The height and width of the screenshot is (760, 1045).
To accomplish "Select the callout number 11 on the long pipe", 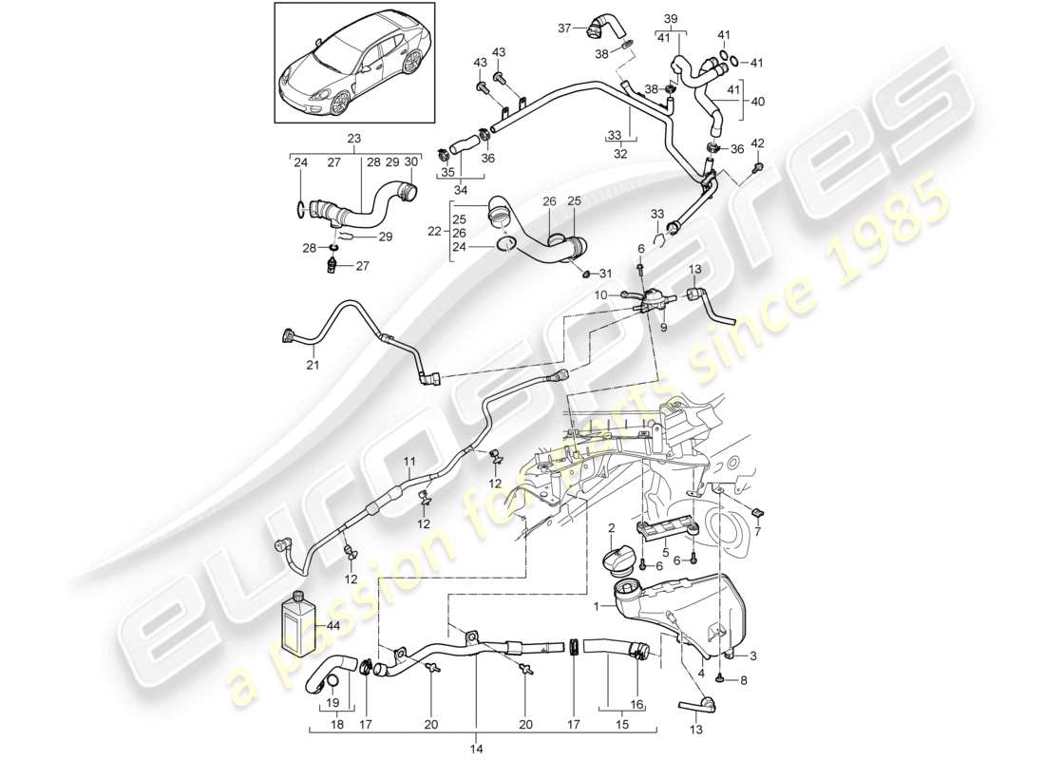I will tap(408, 462).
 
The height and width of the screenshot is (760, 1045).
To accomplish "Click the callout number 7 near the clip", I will tap(757, 530).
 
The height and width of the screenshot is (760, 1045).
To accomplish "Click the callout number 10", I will tap(601, 295).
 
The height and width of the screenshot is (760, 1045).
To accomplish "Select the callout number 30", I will tap(408, 161).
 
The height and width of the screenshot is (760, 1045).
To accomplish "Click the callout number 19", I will tap(332, 704).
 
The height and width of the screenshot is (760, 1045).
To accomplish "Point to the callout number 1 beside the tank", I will tap(598, 606).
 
